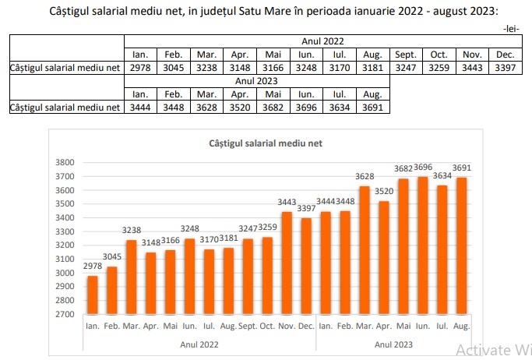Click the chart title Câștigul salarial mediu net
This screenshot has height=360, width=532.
(266, 144)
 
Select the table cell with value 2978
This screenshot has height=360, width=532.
(140, 67)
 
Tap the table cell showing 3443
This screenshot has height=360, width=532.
(473, 67)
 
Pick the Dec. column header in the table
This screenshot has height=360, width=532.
(505, 54)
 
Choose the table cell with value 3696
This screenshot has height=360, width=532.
(306, 107)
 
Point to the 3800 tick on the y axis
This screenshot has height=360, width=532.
(65, 162)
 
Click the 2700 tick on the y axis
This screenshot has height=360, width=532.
(65, 315)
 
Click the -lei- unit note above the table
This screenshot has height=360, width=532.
(512, 29)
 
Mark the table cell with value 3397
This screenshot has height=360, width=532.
(505, 67)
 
